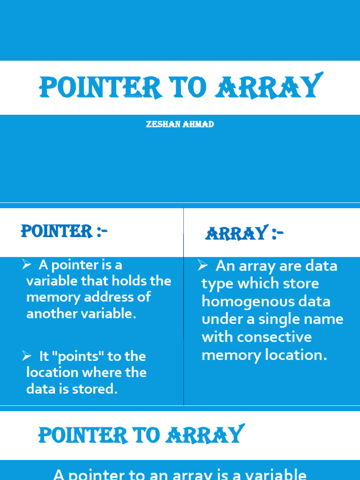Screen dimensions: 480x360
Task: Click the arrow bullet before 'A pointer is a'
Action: (26, 265)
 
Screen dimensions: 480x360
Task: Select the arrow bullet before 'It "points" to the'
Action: (26, 356)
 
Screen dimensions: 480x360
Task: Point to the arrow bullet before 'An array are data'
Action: (202, 266)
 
